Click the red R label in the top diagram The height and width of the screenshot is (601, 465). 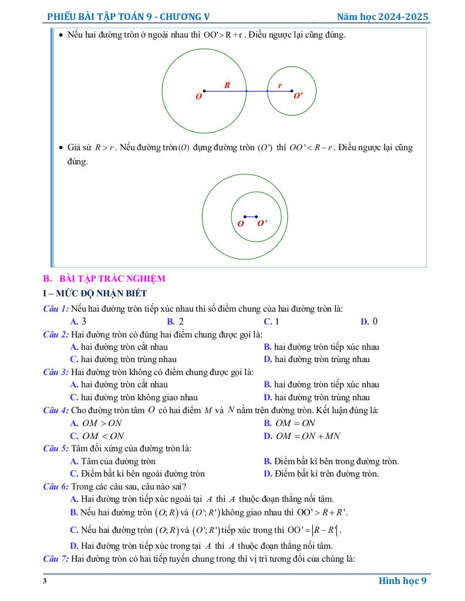coord(227,85)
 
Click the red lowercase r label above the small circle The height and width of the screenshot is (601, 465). coord(279,86)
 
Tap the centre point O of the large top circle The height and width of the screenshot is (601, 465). coord(204,91)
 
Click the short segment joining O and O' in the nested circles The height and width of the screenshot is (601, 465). coord(251,217)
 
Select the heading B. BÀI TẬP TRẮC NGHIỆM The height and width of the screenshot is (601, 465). coord(104,279)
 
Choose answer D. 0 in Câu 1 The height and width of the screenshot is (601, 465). coord(369,321)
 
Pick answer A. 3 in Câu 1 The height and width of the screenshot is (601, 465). coord(78,321)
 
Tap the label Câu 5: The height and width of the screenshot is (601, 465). coord(56,449)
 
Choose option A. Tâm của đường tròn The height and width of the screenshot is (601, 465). coord(113,461)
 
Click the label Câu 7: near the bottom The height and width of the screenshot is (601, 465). coord(56,558)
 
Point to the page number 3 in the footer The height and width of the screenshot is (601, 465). coord(45,581)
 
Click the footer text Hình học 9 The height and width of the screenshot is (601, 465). coord(402,581)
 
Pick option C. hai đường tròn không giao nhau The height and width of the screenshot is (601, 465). coord(134,397)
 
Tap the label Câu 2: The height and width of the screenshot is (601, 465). coord(56,335)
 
